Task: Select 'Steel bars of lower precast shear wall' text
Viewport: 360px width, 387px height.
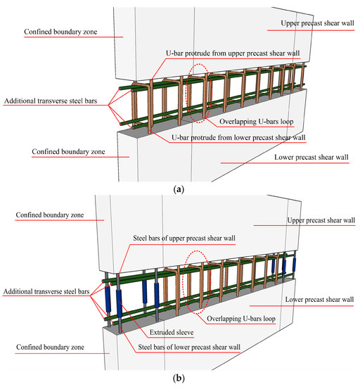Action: (184, 346)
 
